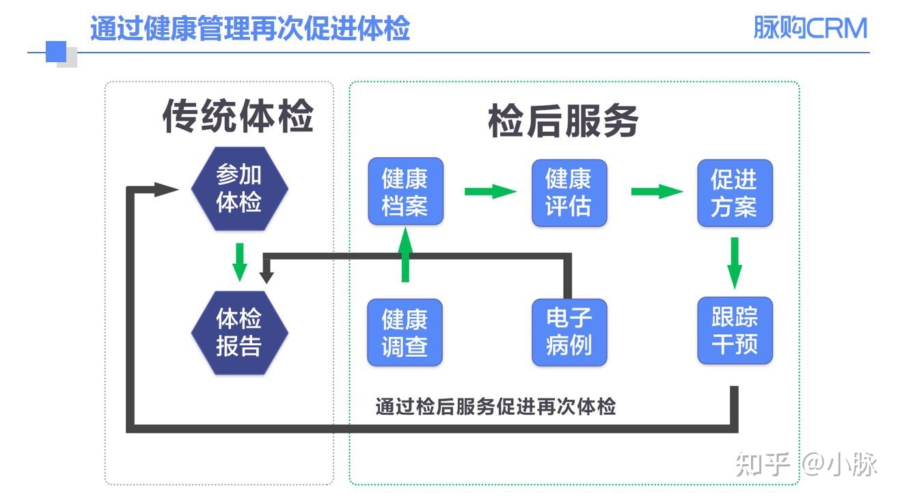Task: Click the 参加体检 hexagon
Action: [239, 188]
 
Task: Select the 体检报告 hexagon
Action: [239, 331]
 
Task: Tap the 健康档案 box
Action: [405, 191]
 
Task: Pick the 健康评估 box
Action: [569, 193]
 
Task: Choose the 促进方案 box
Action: [735, 193]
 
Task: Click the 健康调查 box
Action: [405, 331]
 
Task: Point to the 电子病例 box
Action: [569, 331]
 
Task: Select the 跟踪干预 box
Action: [735, 330]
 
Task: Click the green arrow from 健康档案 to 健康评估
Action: [489, 191]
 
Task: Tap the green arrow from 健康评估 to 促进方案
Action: [655, 191]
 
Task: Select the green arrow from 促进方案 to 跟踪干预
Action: [735, 262]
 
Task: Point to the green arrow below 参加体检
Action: [239, 261]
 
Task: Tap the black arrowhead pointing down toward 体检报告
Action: [267, 275]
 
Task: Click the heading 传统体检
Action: [238, 116]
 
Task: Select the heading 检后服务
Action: [563, 121]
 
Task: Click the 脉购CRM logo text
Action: [810, 29]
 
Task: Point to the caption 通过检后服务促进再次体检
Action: [495, 407]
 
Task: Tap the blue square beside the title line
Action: [56, 52]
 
